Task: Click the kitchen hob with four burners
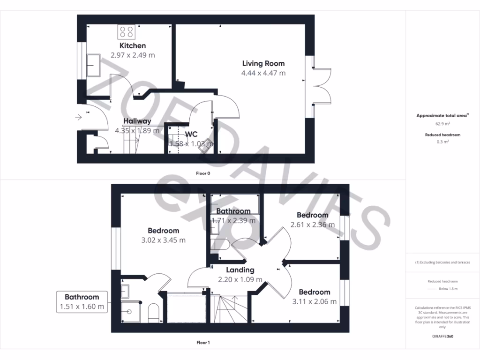[126, 32]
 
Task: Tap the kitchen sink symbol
[93, 65]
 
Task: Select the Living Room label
[263, 63]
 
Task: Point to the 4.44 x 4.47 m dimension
[263, 73]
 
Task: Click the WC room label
[191, 134]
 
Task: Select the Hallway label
[137, 121]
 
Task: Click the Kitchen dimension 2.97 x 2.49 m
[133, 55]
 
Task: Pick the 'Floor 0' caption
[203, 173]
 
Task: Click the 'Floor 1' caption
[203, 343]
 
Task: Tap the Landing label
[240, 270]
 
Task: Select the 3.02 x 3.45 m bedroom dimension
[163, 240]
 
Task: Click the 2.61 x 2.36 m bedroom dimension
[312, 225]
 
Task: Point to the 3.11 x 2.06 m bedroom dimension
[314, 301]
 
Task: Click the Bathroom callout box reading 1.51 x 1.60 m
[82, 302]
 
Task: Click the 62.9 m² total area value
[442, 124]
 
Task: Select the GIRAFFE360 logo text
[443, 336]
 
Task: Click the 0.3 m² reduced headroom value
[442, 142]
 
